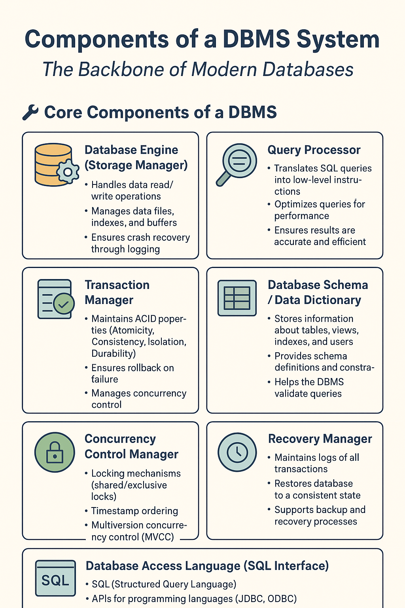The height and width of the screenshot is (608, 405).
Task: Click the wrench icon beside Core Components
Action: click(x=30, y=112)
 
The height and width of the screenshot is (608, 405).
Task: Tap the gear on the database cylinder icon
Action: click(x=68, y=172)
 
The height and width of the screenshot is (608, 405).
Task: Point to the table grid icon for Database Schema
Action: click(x=237, y=298)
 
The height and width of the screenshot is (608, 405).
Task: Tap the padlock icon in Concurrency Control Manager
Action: click(x=55, y=452)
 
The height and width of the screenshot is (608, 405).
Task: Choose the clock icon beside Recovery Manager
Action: click(x=237, y=452)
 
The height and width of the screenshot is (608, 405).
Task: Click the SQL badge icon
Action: click(x=55, y=580)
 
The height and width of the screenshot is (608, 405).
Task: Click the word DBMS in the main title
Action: click(x=257, y=40)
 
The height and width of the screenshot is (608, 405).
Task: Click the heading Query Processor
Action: click(x=314, y=150)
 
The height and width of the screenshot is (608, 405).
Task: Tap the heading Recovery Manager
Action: click(x=320, y=439)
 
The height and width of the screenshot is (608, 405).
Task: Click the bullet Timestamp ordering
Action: click(x=134, y=511)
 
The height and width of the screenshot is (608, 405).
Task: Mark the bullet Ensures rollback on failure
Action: click(x=132, y=373)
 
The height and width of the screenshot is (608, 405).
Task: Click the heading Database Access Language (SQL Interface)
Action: click(x=207, y=566)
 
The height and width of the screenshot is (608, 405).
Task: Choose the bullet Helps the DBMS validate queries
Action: click(x=308, y=388)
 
